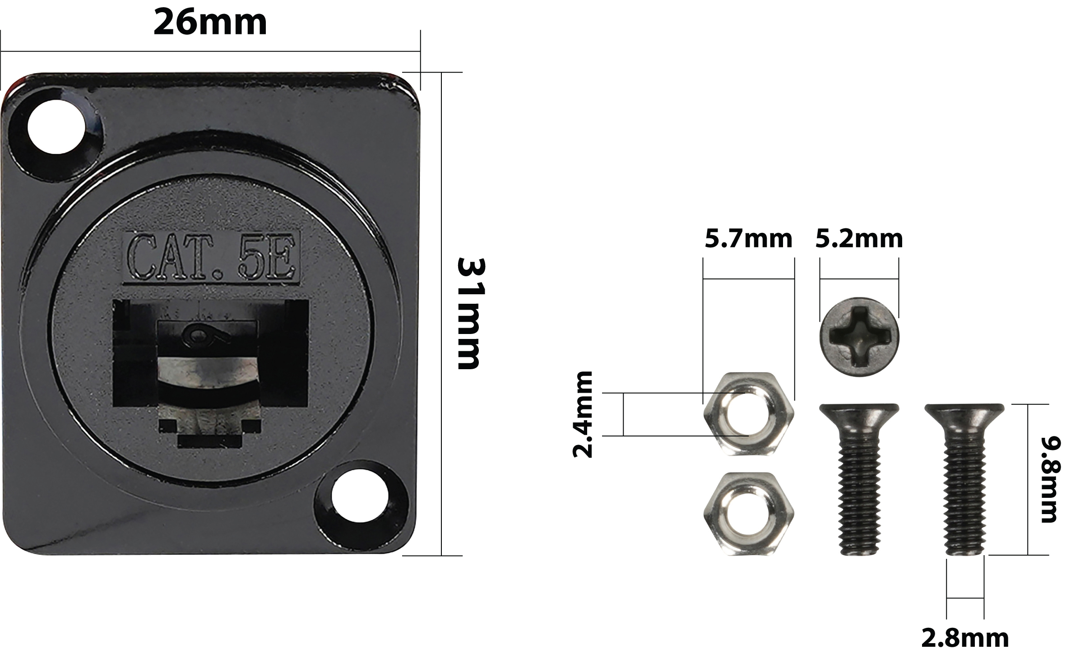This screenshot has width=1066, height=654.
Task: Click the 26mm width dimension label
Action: coord(210,23)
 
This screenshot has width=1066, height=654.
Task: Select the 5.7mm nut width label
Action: coord(748,239)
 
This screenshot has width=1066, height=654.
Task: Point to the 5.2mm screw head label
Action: coord(859,239)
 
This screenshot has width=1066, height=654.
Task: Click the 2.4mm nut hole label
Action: coord(582,414)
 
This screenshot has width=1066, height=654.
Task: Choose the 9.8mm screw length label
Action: coord(1049,479)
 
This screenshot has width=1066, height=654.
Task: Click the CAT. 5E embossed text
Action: coord(211,256)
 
